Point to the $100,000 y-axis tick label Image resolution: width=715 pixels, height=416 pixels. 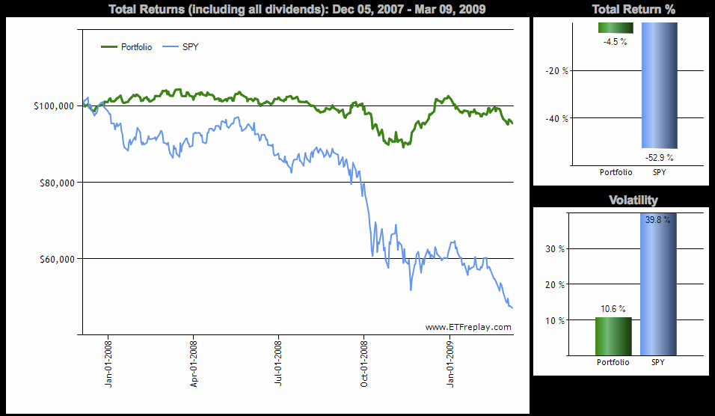click(x=53, y=106)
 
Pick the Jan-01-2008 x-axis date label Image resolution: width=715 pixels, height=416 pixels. click(x=108, y=364)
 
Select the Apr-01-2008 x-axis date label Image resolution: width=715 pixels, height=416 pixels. click(x=194, y=364)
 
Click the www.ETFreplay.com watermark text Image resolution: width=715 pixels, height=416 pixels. click(x=468, y=327)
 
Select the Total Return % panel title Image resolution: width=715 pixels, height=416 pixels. click(x=633, y=10)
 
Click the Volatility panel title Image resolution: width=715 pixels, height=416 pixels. click(x=633, y=200)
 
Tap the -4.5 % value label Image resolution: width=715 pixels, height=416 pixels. click(x=615, y=42)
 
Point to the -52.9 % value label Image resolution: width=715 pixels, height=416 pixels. click(x=660, y=157)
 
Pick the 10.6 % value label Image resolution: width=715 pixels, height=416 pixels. click(x=613, y=308)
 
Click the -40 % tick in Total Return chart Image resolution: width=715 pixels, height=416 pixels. click(x=556, y=118)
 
